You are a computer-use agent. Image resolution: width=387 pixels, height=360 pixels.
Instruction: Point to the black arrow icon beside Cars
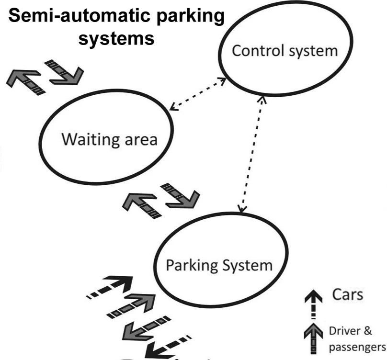click(x=313, y=304)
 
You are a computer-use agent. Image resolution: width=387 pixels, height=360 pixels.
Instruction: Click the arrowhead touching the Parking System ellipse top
click(x=241, y=209)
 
